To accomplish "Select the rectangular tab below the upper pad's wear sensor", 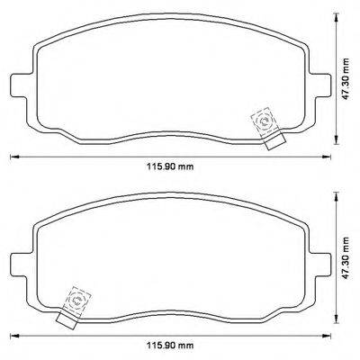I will click(x=274, y=139).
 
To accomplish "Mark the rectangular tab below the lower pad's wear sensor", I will click(x=65, y=316).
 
